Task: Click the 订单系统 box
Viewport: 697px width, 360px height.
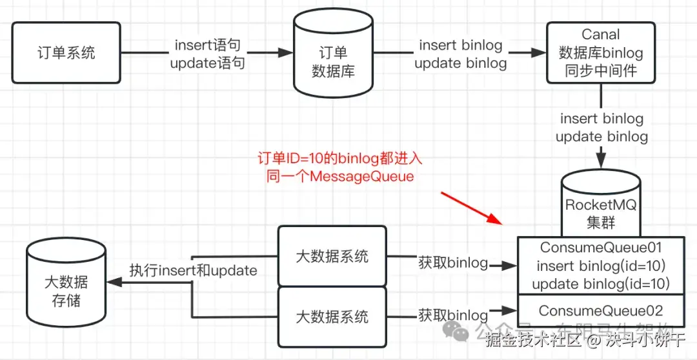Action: pos(66,52)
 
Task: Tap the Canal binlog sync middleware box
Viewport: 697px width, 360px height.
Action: pos(601,52)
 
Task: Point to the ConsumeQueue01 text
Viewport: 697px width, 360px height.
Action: pos(601,247)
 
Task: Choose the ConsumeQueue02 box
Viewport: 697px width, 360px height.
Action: pos(601,310)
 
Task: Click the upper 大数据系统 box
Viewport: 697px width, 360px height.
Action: pos(332,256)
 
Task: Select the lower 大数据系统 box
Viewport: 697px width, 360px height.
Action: pos(332,316)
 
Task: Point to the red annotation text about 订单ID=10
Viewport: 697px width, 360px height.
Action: pos(339,167)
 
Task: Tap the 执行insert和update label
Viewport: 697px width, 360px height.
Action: pos(193,270)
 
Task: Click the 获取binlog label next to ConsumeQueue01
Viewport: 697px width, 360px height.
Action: pos(452,263)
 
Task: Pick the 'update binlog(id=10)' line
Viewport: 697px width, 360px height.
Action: pos(601,283)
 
